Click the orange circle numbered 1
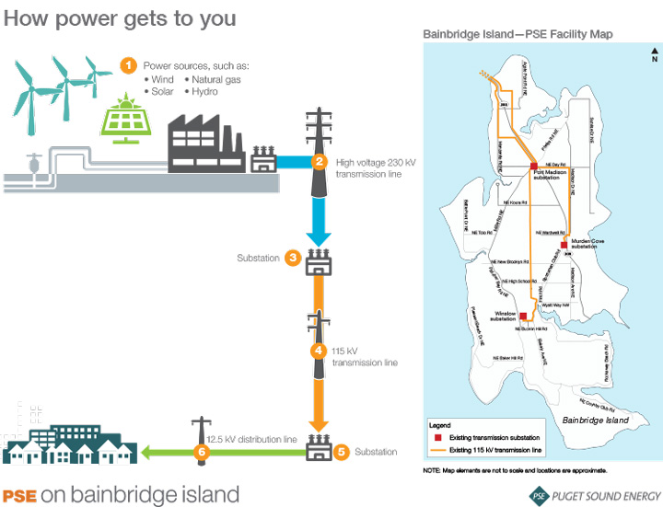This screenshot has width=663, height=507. point(129,65)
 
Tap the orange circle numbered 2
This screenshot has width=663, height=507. point(319,163)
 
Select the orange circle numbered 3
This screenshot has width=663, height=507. point(292,258)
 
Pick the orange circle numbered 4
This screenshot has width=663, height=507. point(319,351)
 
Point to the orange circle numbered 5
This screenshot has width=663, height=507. point(340,452)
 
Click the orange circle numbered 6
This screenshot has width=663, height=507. point(201,452)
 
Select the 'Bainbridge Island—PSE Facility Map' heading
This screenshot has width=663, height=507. point(518,34)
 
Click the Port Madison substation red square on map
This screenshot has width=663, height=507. point(533,165)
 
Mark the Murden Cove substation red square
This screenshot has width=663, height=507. point(563,246)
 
